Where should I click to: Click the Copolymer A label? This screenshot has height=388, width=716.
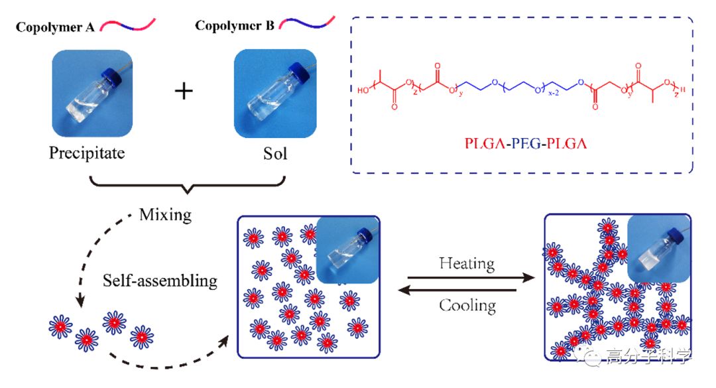tap(56, 27)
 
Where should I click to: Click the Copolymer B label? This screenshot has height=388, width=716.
tap(235, 26)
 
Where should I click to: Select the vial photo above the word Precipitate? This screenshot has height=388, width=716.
tap(92, 93)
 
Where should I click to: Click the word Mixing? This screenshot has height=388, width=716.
tap(165, 215)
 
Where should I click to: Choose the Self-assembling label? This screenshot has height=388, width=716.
tap(160, 281)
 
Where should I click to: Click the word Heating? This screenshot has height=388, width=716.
tap(467, 263)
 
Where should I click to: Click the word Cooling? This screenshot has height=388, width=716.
tap(467, 305)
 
